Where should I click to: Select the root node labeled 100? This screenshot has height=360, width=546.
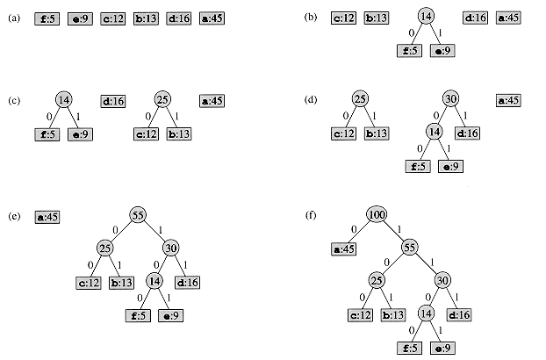click(377, 214)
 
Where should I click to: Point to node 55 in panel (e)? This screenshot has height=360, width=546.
click(138, 215)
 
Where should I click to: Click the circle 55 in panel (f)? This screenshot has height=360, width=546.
click(408, 248)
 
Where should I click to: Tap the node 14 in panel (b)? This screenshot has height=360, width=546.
click(425, 18)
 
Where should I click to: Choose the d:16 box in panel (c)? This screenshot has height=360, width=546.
click(115, 101)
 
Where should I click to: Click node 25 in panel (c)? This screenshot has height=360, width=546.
click(162, 99)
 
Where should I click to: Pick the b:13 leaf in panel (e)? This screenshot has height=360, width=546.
click(121, 282)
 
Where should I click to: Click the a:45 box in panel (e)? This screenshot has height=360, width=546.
click(48, 216)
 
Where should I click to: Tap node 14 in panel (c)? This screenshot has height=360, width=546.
click(64, 99)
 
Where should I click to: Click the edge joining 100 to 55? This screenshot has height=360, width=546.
click(392, 231)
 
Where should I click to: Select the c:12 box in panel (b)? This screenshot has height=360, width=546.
click(345, 18)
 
